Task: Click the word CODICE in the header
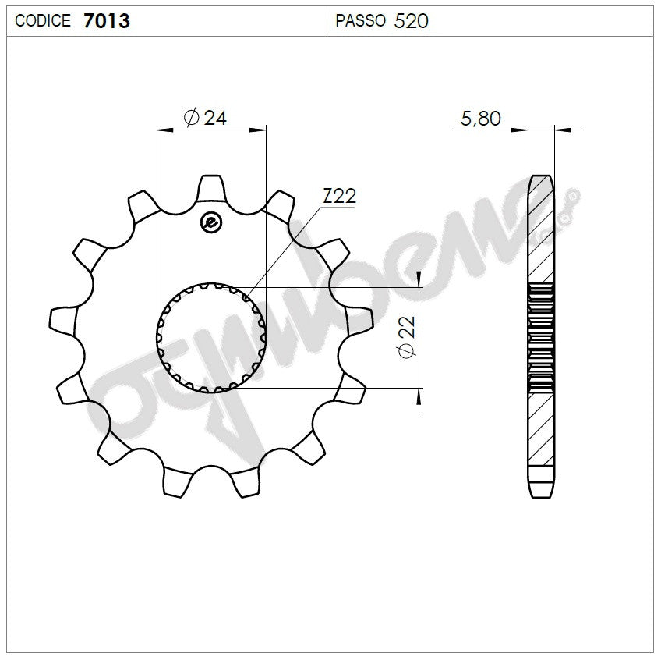point(44,21)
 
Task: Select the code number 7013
point(106,21)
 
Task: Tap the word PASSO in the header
point(360,21)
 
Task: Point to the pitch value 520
point(412,21)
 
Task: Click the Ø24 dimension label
point(205,118)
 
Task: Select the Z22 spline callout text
point(339,197)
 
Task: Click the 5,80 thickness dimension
point(481,119)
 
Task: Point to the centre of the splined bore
point(212,337)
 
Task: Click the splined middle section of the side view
point(542,337)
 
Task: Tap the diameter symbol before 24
point(191,118)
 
